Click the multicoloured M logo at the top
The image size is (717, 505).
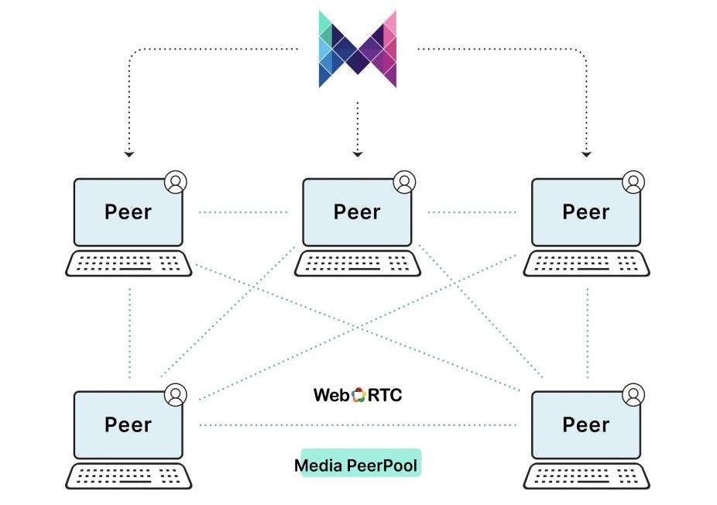point(358,49)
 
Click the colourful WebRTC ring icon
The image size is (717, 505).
point(358,395)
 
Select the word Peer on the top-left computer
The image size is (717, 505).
point(128,212)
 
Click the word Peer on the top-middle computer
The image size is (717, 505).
point(357,212)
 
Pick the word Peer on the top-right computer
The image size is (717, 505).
point(585,212)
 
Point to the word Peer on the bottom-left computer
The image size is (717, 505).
point(128,424)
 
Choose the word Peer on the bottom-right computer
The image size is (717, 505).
point(585,424)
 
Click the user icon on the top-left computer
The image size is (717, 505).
point(176,182)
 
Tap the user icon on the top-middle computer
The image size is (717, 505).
point(404,182)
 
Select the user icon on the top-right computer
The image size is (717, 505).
point(633,182)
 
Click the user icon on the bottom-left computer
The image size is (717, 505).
point(176,394)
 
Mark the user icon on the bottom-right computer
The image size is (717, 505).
point(633,394)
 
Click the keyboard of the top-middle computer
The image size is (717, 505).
point(357,263)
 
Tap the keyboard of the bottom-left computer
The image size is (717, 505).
point(128,476)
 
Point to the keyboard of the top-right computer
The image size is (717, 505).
point(585,263)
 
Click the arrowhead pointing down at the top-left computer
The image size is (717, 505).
point(129,155)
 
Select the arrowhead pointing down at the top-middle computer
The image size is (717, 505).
point(357,155)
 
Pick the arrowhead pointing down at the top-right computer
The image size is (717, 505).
point(586,155)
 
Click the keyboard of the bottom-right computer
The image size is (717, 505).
point(585,476)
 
